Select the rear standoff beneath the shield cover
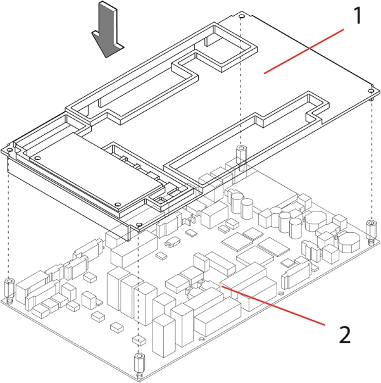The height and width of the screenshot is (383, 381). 241,153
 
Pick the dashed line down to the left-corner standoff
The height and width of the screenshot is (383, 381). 8,215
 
